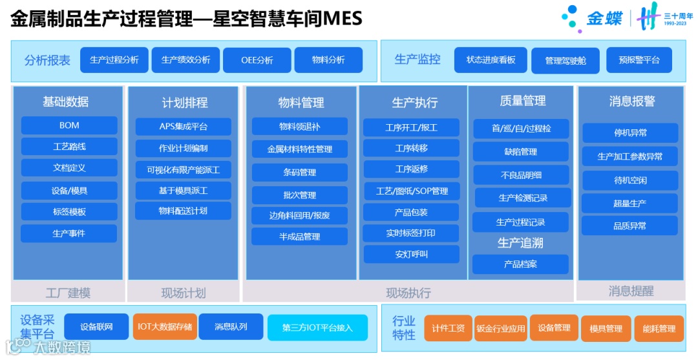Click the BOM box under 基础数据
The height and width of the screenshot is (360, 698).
click(69, 125)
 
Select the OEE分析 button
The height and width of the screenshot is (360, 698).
click(257, 60)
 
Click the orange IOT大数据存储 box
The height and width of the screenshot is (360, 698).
click(164, 327)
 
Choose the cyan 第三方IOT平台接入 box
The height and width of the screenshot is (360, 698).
click(317, 328)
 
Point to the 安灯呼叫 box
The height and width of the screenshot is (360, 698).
click(411, 254)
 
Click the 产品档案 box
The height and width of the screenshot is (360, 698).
click(520, 264)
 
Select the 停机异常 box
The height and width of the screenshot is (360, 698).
click(630, 133)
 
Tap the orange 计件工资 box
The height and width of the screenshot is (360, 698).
click(448, 328)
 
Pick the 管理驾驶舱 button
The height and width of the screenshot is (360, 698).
click(566, 61)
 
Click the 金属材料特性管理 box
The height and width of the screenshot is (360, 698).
click(300, 149)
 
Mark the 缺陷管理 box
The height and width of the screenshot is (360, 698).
click(520, 152)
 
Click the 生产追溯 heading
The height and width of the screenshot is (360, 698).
click(520, 243)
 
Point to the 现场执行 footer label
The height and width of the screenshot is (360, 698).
click(408, 293)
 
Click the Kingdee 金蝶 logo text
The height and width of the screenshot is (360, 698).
click(604, 19)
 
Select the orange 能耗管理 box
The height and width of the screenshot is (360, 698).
click(659, 328)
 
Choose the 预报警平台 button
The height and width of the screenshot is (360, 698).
click(639, 60)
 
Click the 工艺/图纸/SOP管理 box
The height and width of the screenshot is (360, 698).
click(412, 191)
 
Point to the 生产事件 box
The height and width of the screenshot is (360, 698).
click(69, 233)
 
